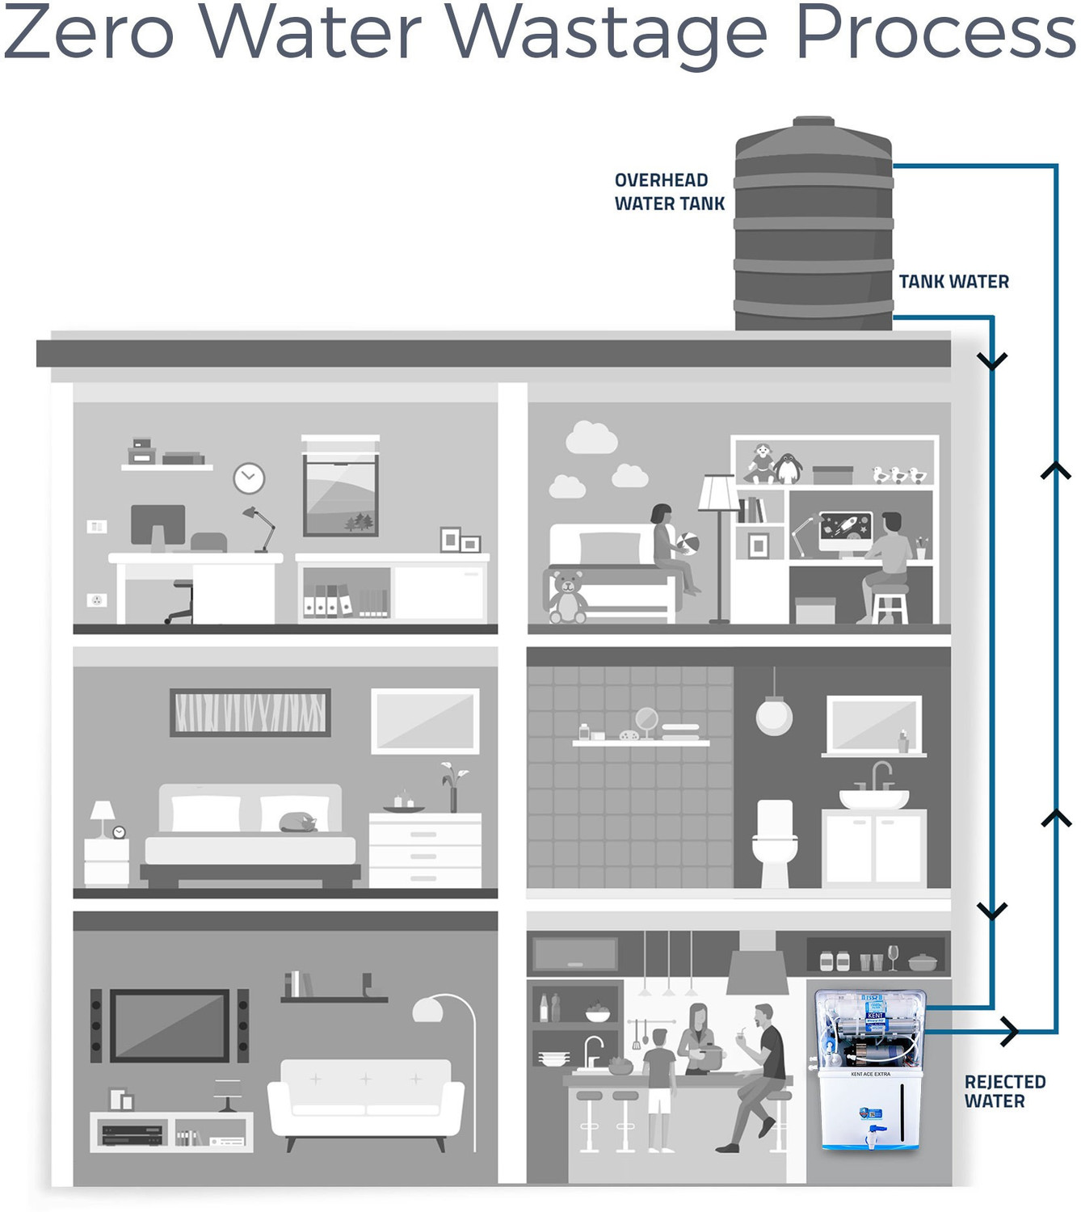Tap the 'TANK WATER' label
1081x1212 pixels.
(953, 282)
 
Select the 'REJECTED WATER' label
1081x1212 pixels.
(1004, 1092)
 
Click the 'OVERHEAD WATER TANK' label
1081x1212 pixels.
(669, 192)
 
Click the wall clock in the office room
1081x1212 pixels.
(249, 478)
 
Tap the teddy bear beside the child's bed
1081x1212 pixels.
(567, 598)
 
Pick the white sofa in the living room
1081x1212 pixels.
(365, 1099)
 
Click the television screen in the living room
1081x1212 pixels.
(170, 1025)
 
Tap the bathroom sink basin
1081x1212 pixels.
(873, 797)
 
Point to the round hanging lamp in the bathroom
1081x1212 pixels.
(774, 715)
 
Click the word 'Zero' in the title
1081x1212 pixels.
(89, 34)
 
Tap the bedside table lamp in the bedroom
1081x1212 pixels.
(103, 814)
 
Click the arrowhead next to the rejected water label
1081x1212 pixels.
(1009, 1030)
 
